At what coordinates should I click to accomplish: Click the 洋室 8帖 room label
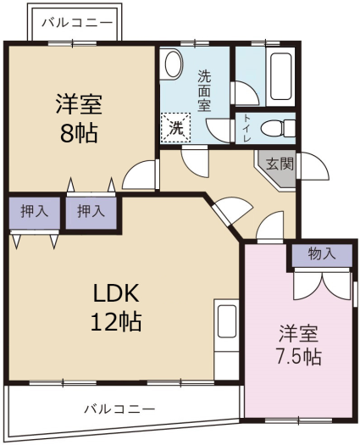(79, 118)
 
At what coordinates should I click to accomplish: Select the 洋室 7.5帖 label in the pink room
(299, 345)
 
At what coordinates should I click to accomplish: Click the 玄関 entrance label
(280, 164)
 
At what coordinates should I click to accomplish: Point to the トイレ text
(247, 128)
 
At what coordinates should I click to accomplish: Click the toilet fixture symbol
(278, 128)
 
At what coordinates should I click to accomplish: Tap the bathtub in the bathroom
(280, 76)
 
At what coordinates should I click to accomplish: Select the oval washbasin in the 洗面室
(174, 64)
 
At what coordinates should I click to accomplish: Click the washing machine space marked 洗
(176, 128)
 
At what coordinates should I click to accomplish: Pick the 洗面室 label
(204, 91)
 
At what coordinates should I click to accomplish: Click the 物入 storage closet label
(322, 253)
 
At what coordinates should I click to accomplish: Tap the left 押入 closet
(35, 211)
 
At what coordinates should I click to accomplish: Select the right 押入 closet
(91, 211)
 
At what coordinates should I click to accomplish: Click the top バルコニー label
(77, 23)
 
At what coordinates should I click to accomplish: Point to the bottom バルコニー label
(119, 409)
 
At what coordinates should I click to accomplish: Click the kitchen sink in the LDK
(227, 320)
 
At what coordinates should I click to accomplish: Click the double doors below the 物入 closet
(322, 285)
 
